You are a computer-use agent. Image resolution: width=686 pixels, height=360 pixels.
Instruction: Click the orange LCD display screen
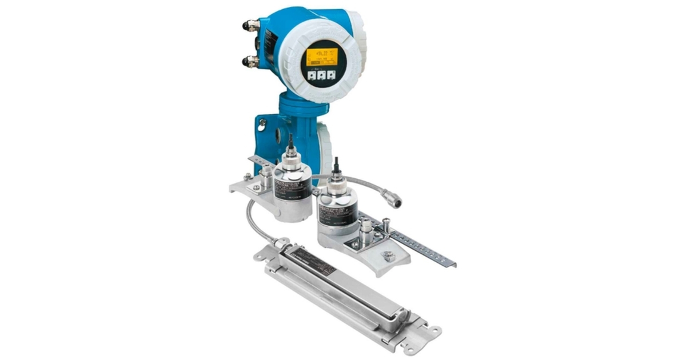[321, 57]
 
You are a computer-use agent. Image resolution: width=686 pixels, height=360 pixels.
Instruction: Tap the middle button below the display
[321, 75]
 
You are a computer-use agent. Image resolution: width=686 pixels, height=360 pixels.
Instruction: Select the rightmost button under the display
[331, 74]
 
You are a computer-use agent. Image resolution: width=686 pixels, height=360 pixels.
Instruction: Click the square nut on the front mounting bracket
[389, 256]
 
